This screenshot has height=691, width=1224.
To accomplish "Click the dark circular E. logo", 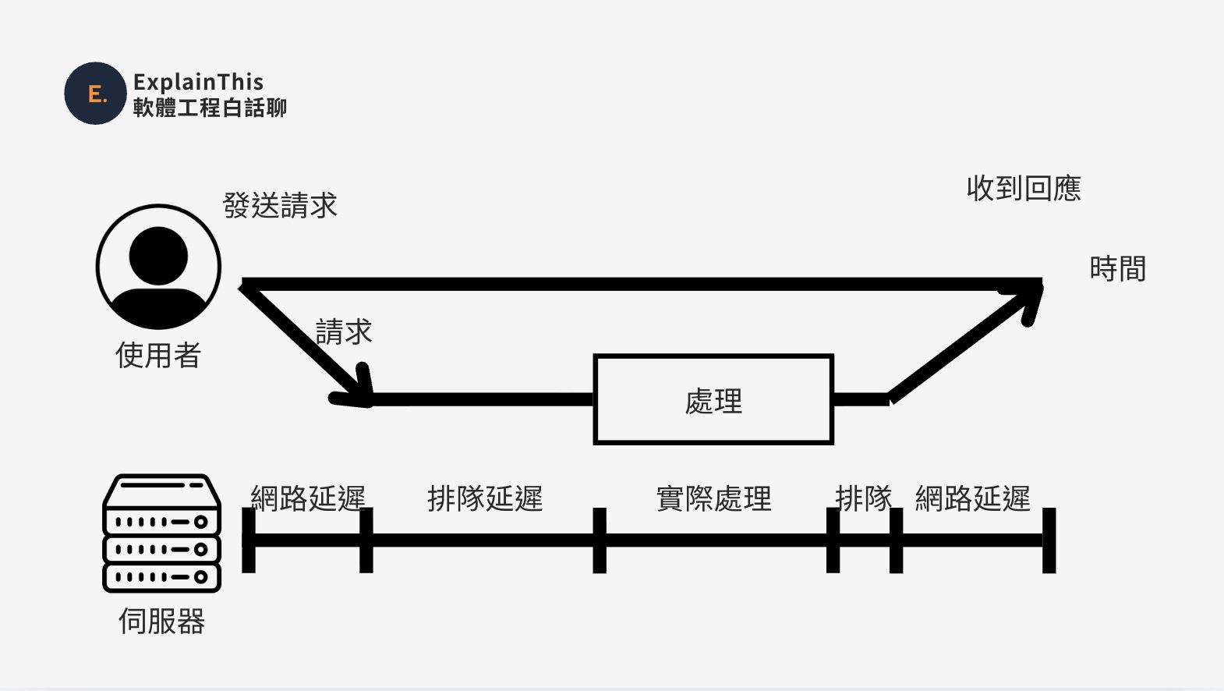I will click(x=95, y=94).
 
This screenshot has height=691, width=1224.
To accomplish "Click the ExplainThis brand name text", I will click(x=198, y=82).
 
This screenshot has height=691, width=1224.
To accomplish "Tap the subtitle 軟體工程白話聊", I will click(x=210, y=108).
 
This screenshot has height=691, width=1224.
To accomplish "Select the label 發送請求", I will click(x=280, y=206).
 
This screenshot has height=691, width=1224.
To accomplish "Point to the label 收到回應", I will click(x=1024, y=189).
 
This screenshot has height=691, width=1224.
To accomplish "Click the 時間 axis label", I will click(x=1117, y=269).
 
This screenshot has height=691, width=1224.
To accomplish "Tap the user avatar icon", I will click(x=158, y=267).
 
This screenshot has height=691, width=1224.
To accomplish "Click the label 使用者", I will click(x=158, y=356).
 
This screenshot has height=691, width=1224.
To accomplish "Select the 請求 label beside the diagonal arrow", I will click(x=344, y=332).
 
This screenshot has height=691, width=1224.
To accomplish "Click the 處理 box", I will click(x=713, y=400).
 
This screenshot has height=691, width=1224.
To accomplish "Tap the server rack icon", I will click(x=162, y=533).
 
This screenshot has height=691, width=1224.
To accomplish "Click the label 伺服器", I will click(x=161, y=622).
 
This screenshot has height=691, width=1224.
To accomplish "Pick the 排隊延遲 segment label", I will click(x=485, y=498).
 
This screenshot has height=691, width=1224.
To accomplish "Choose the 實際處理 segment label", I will click(x=713, y=498).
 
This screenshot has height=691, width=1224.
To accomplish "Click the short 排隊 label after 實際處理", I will click(x=863, y=498).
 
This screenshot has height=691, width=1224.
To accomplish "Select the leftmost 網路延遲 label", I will click(x=308, y=498).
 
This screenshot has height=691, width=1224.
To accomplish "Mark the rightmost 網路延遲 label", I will click(x=973, y=498).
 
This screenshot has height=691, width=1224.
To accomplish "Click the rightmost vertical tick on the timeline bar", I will click(x=1049, y=540).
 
